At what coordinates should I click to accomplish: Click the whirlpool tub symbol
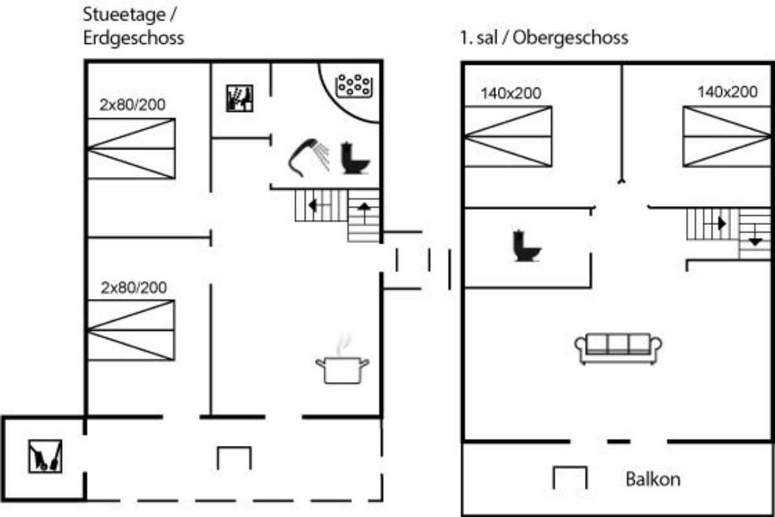pyautogui.click(x=354, y=86)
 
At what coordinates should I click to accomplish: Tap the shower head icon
pyautogui.click(x=309, y=158)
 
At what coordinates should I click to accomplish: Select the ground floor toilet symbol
pyautogui.click(x=355, y=158)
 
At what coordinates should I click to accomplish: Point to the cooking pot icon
pyautogui.click(x=342, y=363)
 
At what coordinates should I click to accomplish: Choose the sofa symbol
pyautogui.click(x=618, y=348)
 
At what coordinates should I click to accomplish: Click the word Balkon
pyautogui.click(x=653, y=480)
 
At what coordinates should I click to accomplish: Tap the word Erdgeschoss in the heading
pyautogui.click(x=134, y=38)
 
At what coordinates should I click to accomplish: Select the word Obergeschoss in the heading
pyautogui.click(x=570, y=37)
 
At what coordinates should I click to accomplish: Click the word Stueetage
pyautogui.click(x=124, y=15)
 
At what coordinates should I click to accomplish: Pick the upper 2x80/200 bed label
pyautogui.click(x=132, y=105)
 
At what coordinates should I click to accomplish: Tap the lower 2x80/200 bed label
pyautogui.click(x=134, y=288)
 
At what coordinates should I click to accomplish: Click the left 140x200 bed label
pyautogui.click(x=511, y=93)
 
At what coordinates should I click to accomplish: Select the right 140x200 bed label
pyautogui.click(x=727, y=92)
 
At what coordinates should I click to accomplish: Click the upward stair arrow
pyautogui.click(x=364, y=212)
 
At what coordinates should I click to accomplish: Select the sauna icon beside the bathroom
pyautogui.click(x=240, y=98)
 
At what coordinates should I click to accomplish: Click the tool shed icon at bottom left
pyautogui.click(x=45, y=456)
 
